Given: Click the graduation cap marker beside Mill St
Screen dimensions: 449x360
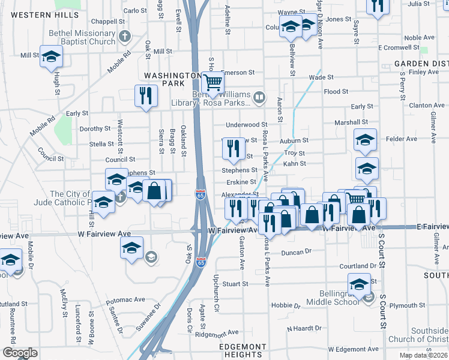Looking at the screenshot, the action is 52,56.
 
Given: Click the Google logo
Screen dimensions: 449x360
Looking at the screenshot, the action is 19,353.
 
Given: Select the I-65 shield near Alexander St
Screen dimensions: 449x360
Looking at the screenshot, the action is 200,195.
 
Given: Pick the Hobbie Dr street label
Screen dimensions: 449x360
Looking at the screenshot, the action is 285,305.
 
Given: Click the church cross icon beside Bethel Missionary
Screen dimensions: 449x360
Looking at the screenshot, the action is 125,36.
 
